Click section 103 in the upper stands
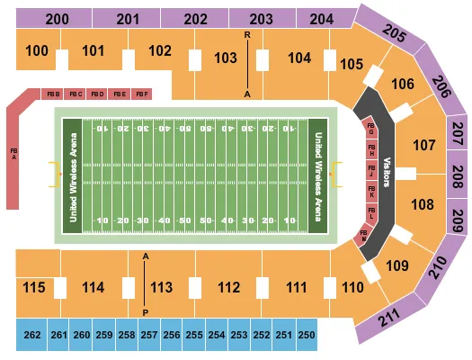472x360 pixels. click(225, 58)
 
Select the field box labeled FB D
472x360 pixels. click(98, 94)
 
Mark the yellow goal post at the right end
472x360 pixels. click(338, 168)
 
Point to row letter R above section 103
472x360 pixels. click(245, 34)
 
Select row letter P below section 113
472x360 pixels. click(146, 311)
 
